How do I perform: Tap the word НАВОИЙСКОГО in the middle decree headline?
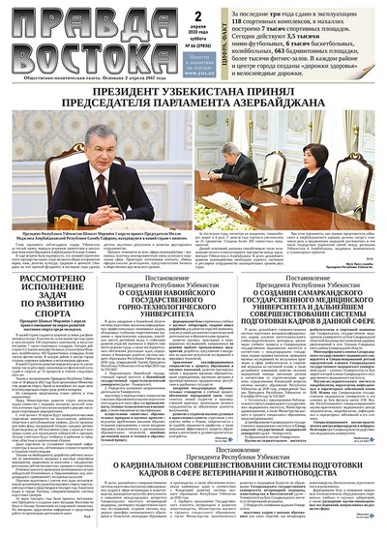coord(197,270)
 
